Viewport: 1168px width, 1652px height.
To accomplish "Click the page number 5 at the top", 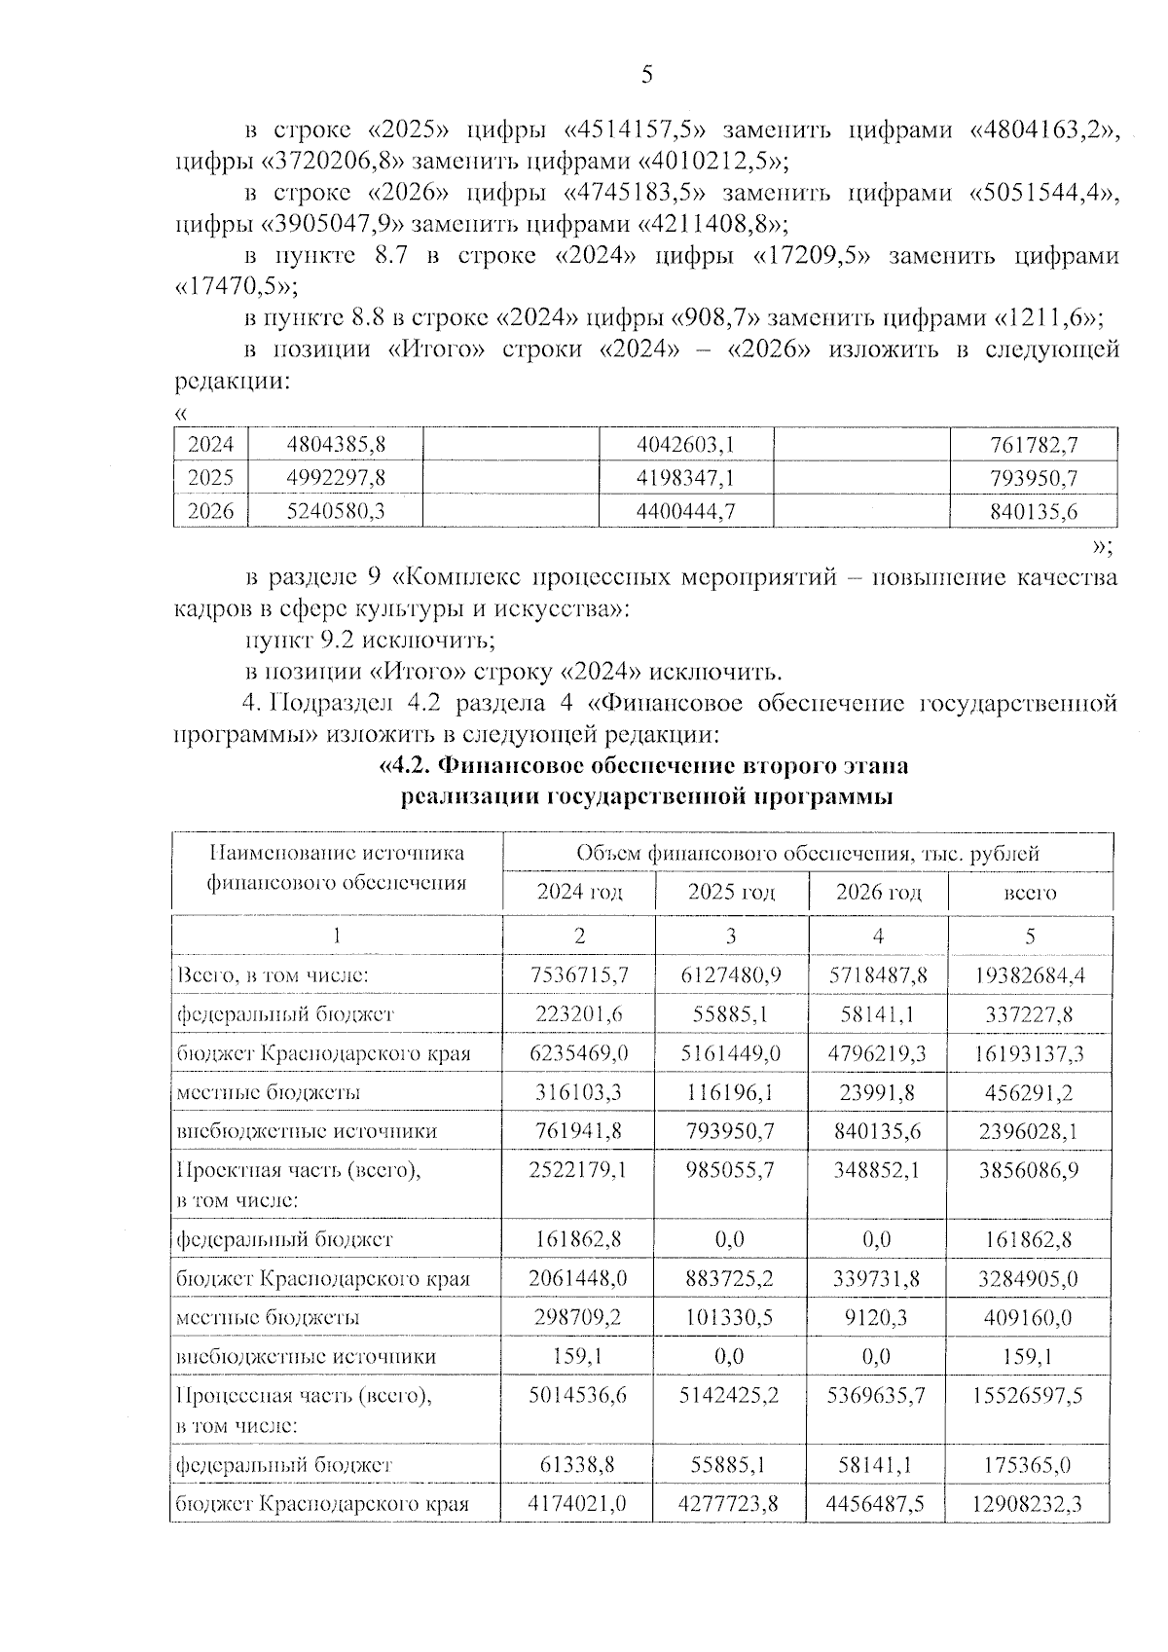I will [x=647, y=76].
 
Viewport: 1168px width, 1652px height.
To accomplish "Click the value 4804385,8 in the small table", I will [x=337, y=445].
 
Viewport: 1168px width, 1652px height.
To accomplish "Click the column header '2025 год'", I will [x=731, y=892].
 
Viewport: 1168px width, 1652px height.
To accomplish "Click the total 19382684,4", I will [x=1030, y=974].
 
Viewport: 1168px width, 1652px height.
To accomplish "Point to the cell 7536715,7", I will [x=579, y=974].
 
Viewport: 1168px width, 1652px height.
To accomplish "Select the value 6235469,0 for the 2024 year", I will [x=579, y=1053].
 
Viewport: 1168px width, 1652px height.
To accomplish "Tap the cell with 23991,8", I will [x=878, y=1092].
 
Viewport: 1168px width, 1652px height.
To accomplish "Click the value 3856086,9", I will [x=1030, y=1169].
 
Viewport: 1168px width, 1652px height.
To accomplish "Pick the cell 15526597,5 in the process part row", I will [x=1030, y=1395].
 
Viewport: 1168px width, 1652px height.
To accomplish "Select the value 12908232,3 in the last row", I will [x=1030, y=1504].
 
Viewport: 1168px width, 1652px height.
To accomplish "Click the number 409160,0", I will [x=1030, y=1317].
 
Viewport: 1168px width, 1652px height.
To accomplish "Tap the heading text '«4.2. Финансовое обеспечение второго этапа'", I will [x=642, y=766].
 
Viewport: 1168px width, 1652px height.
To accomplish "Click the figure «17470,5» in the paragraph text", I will [x=230, y=287].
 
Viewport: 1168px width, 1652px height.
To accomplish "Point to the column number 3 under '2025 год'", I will [x=731, y=936].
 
